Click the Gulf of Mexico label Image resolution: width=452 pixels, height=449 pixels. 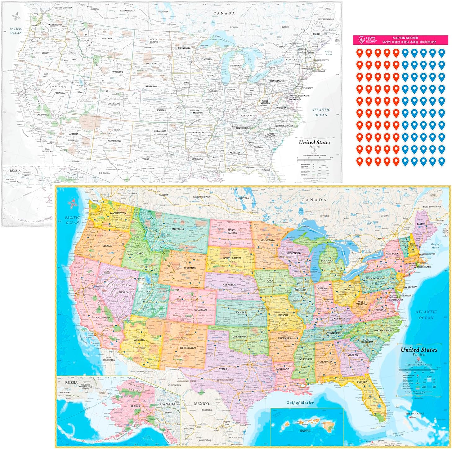click(300, 402)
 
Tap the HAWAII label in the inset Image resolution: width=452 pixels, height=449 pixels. click(305, 431)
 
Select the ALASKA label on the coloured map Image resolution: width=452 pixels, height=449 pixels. click(135, 406)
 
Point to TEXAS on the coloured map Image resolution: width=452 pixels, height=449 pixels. click(223, 369)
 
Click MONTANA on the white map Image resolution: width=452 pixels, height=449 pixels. click(107, 39)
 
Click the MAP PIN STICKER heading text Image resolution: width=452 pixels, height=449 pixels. click(405, 38)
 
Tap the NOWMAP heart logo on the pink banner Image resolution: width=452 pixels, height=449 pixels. click(361, 40)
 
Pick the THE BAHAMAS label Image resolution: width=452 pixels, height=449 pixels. click(414, 413)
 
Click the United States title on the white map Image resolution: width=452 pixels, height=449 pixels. click(315, 142)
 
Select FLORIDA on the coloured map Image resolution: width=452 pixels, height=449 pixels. click(362, 382)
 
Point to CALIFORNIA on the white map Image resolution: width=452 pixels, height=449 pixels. click(43, 115)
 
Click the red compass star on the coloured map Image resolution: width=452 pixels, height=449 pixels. click(73, 203)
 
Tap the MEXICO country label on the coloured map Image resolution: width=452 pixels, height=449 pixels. click(201, 404)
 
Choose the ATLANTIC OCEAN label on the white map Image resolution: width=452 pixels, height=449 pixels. click(321, 112)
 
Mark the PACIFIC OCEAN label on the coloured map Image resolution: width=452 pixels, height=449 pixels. click(72, 220)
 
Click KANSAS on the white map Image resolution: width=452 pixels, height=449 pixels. click(161, 110)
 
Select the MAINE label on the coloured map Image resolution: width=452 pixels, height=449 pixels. click(421, 224)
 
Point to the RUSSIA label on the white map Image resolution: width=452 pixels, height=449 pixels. click(15, 171)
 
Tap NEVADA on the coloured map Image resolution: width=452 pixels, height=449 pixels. click(124, 292)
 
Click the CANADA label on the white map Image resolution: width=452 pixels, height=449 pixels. click(224, 13)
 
